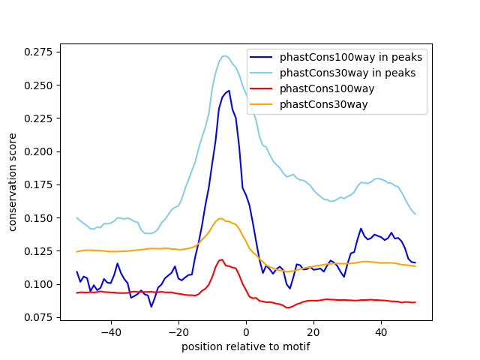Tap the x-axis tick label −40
(x=111, y=332)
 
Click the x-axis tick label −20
(x=178, y=332)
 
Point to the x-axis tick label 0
(x=246, y=332)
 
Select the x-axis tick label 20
(x=313, y=332)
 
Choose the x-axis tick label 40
(x=381, y=332)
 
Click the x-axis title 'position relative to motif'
(x=246, y=346)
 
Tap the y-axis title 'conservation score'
(x=13, y=182)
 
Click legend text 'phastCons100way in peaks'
(x=351, y=57)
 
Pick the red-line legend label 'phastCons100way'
(x=326, y=88)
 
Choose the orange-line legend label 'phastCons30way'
(x=323, y=104)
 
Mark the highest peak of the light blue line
(x=225, y=55)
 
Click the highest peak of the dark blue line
(x=229, y=91)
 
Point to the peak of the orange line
(x=220, y=219)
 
